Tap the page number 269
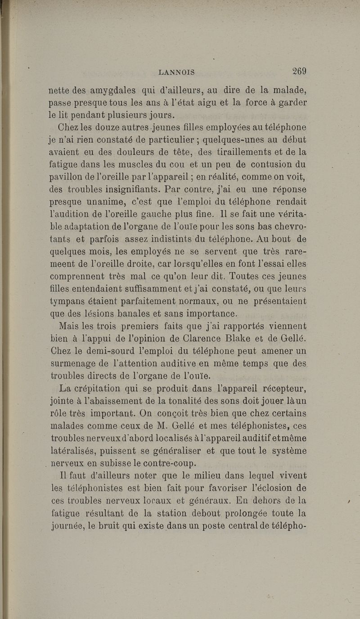pyautogui.click(x=299, y=70)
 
